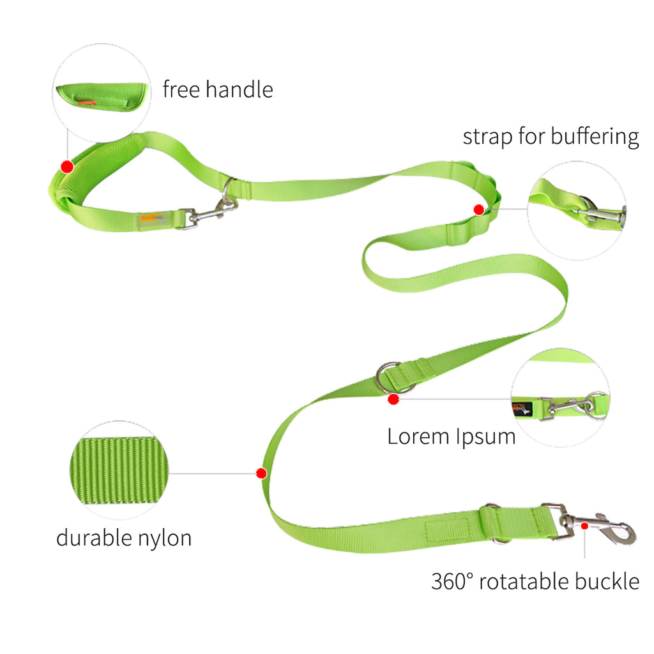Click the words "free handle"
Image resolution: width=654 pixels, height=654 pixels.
218,89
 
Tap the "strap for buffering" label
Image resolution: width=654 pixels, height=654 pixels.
551,137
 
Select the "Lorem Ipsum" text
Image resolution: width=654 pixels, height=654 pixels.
452,437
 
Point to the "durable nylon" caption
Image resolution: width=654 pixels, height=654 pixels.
124,538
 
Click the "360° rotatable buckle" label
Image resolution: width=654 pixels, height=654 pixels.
535,581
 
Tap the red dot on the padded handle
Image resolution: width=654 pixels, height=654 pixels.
67,167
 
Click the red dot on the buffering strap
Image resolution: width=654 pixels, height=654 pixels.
479,209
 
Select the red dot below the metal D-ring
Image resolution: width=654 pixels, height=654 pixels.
393,400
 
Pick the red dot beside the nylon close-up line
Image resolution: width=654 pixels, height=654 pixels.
261,473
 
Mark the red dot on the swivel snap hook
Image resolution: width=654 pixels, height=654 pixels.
585,526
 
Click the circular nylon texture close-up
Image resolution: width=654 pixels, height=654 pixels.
119,471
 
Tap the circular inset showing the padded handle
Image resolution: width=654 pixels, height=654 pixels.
102,93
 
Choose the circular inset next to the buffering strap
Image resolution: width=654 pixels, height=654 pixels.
577,211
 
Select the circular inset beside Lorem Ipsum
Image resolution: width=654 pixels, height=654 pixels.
561,398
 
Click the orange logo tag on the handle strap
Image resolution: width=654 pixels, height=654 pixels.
151,218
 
